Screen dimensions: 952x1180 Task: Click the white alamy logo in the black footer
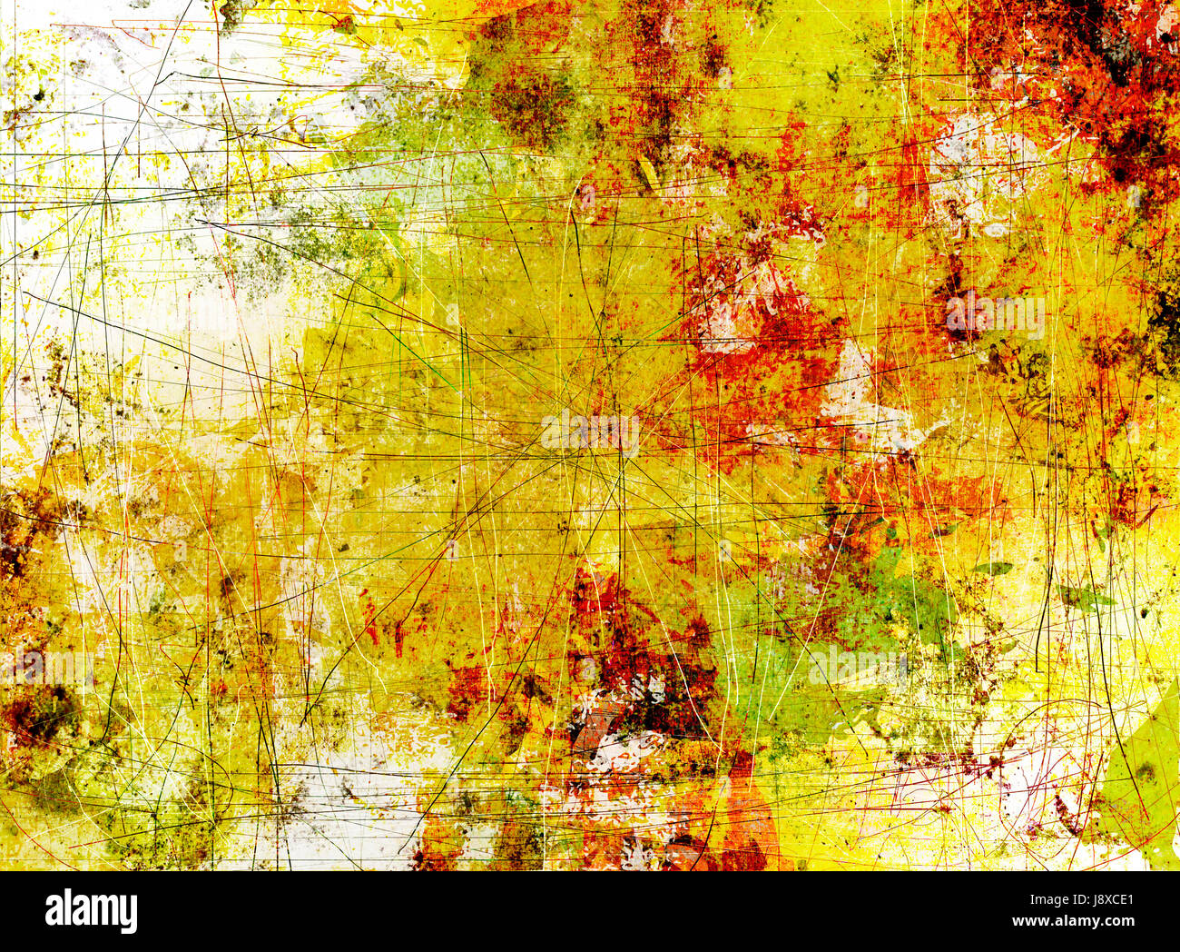pyautogui.click(x=91, y=911)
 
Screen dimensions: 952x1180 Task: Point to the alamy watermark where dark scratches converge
pyautogui.click(x=590, y=432)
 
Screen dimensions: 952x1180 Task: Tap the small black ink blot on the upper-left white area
pyautogui.click(x=39, y=94)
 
